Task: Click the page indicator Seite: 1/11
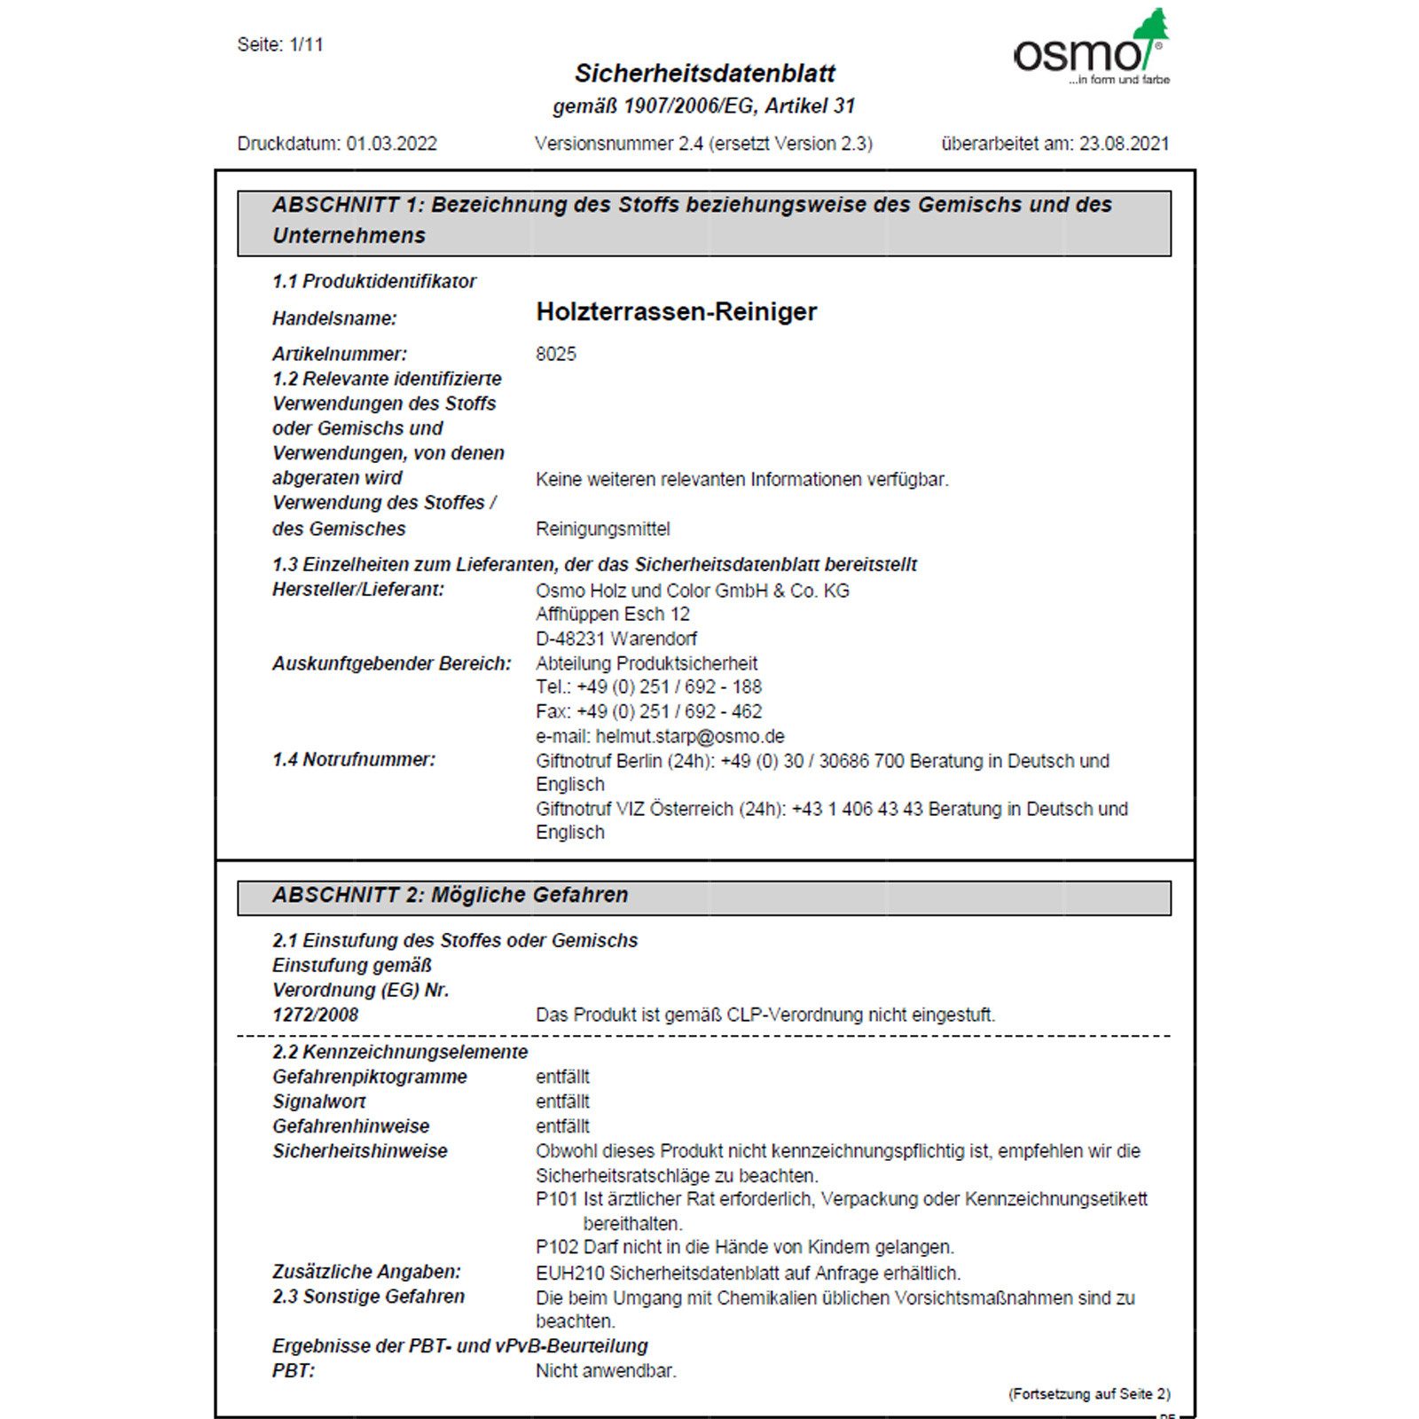point(280,44)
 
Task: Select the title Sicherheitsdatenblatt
point(704,74)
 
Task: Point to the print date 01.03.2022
point(391,144)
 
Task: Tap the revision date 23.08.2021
point(1124,144)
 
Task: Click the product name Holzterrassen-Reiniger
point(676,312)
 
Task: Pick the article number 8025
point(556,354)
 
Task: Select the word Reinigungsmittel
point(603,529)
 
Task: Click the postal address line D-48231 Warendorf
point(615,639)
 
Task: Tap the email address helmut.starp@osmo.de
point(690,736)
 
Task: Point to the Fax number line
point(648,711)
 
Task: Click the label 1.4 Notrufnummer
point(354,760)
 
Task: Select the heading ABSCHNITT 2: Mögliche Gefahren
point(450,896)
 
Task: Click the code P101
point(556,1199)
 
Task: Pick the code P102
point(556,1247)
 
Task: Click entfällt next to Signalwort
point(562,1101)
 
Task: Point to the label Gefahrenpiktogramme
point(369,1077)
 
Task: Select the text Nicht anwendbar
point(606,1371)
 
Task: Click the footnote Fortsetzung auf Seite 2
point(1088,1394)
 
